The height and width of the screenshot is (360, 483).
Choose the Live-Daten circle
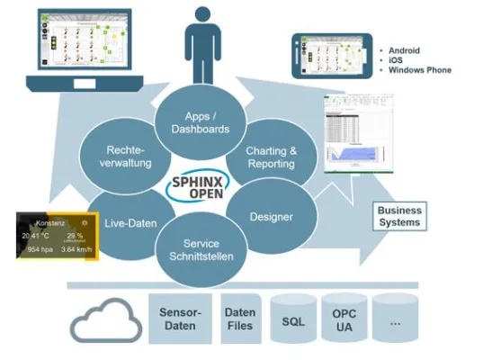[x=124, y=220]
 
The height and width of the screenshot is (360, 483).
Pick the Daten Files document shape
[x=239, y=319]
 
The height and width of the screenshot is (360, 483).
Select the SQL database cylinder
[x=293, y=320]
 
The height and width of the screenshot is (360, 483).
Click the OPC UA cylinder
[x=344, y=320]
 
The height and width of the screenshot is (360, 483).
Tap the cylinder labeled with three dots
[x=396, y=320]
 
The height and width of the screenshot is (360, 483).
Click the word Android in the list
[x=404, y=50]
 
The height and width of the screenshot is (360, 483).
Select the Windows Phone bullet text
[x=419, y=70]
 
